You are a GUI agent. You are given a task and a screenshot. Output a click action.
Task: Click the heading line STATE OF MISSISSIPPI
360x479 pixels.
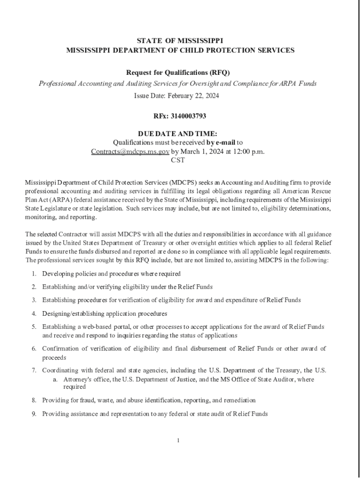coord(180,41)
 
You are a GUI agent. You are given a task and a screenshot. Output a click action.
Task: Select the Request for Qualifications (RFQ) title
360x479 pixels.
coord(178,73)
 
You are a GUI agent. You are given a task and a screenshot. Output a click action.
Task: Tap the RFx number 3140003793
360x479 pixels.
coord(188,116)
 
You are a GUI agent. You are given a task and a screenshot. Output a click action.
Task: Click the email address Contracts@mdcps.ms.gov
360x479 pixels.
coord(130,152)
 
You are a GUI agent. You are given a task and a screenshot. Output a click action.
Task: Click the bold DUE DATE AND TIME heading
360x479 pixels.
coord(178,133)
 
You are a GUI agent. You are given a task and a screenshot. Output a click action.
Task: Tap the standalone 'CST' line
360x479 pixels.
coord(178,160)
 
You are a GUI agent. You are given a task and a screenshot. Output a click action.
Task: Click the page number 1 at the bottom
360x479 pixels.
coord(178,440)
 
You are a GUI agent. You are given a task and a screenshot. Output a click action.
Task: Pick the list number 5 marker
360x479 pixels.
coord(34,327)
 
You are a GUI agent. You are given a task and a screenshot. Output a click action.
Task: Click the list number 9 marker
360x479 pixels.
coord(34,414)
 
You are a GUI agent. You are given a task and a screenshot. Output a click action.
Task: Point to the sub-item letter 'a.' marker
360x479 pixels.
coord(56,379)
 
